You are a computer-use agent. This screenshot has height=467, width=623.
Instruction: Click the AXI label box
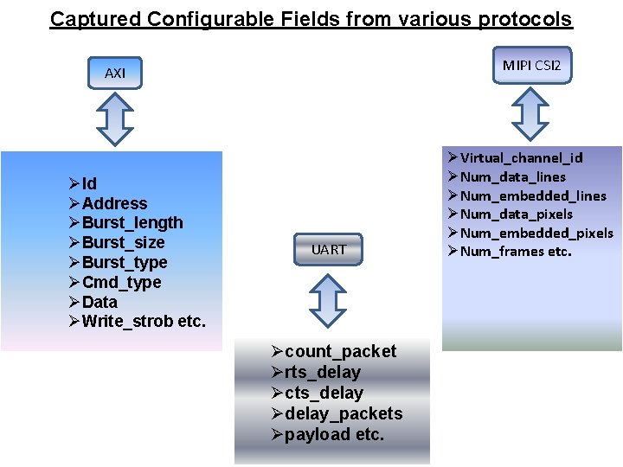point(115,74)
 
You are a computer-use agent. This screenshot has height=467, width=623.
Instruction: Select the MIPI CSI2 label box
point(532,65)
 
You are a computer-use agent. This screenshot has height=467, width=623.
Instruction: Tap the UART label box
point(329,249)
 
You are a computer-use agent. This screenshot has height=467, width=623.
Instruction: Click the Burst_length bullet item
point(132,223)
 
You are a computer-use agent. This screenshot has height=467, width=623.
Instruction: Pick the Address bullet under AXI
point(114,203)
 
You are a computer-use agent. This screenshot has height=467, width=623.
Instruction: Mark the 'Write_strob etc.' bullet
point(143,322)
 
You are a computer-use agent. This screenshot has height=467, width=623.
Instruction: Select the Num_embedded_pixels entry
point(536,233)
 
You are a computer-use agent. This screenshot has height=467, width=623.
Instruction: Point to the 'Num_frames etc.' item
point(516,252)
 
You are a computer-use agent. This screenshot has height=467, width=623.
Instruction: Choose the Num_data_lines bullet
point(512,176)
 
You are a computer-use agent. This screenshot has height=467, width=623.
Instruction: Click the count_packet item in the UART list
point(340,351)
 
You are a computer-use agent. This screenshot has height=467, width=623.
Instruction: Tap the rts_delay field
point(322,372)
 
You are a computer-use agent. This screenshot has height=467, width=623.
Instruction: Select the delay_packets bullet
point(343,413)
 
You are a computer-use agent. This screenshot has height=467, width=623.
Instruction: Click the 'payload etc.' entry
point(334,434)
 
